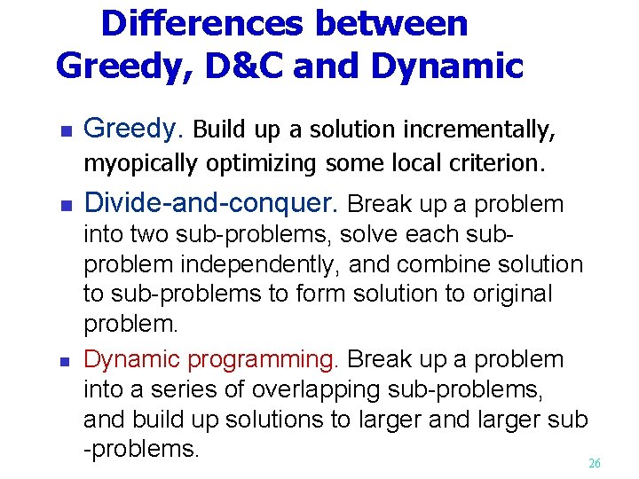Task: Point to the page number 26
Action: pos(595,464)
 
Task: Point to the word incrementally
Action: pos(479,130)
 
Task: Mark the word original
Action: pos(504,294)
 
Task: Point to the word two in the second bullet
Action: pos(148,235)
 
